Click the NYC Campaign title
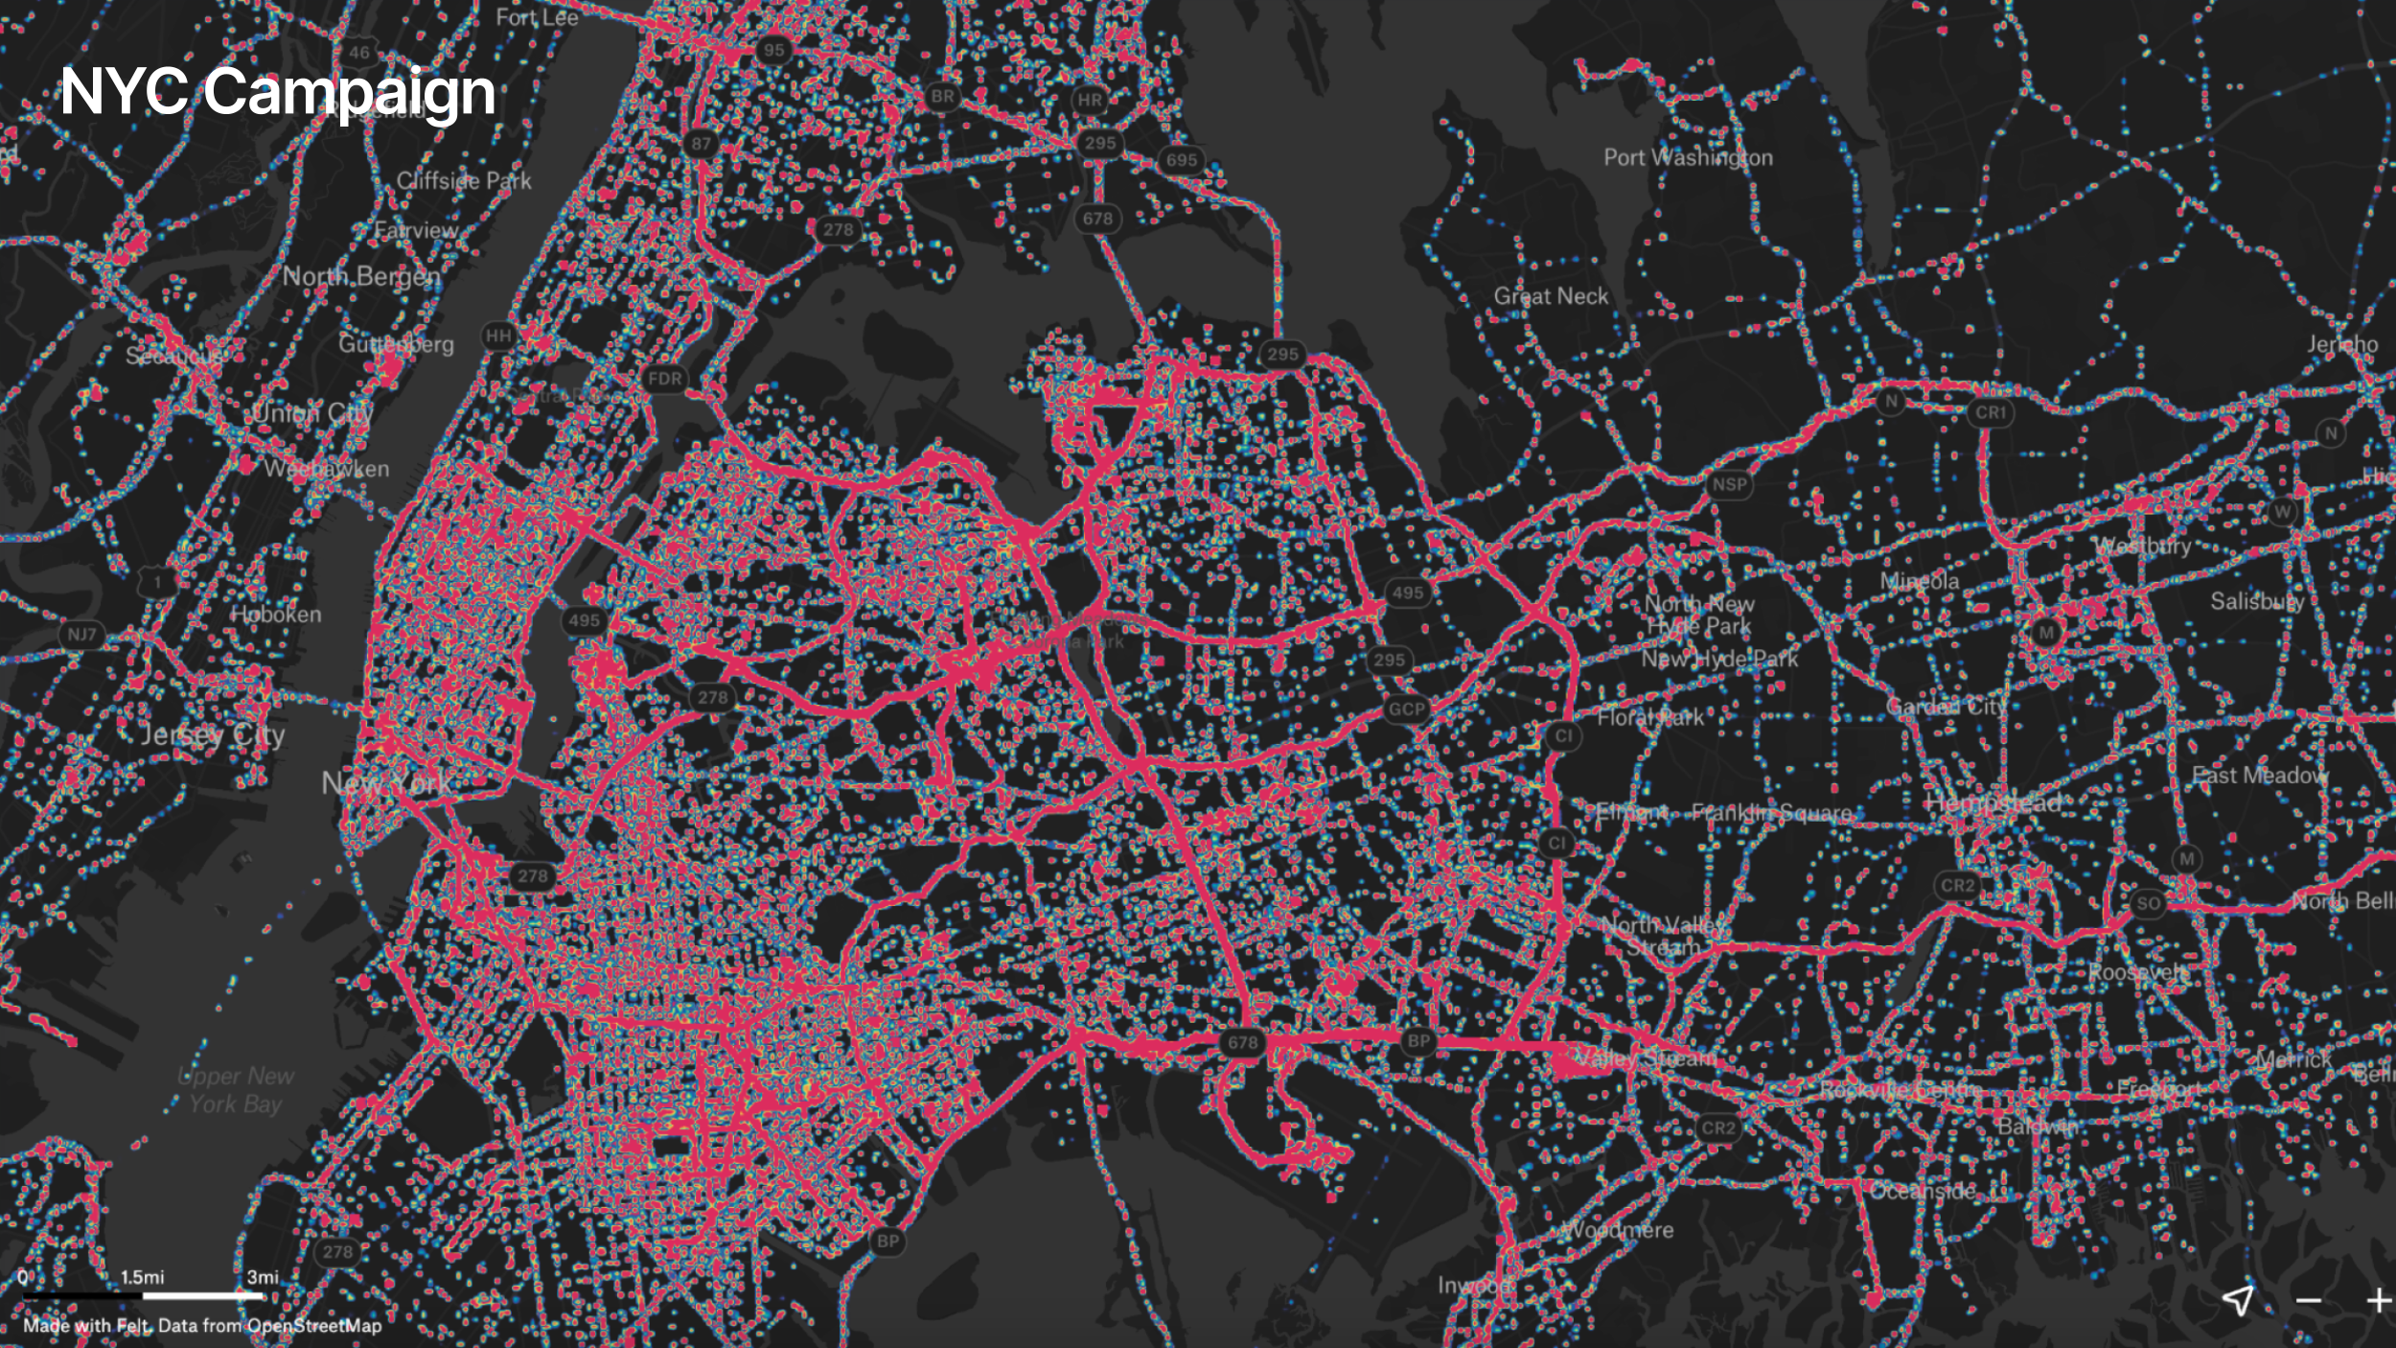[x=277, y=92]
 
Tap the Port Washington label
[x=1688, y=157]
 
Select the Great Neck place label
[x=1551, y=296]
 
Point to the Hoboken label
[x=276, y=614]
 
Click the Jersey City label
[x=213, y=735]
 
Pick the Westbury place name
[x=2143, y=546]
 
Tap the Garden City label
[x=1946, y=707]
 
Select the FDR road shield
[x=665, y=379]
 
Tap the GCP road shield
[x=1407, y=709]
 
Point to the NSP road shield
[x=1729, y=484]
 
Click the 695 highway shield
[x=1182, y=160]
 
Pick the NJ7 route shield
[x=81, y=635]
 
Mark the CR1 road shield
[x=1991, y=412]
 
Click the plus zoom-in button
[x=2378, y=1301]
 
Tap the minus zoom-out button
[x=2309, y=1301]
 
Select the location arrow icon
[x=2238, y=1300]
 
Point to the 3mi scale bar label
[x=263, y=1277]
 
